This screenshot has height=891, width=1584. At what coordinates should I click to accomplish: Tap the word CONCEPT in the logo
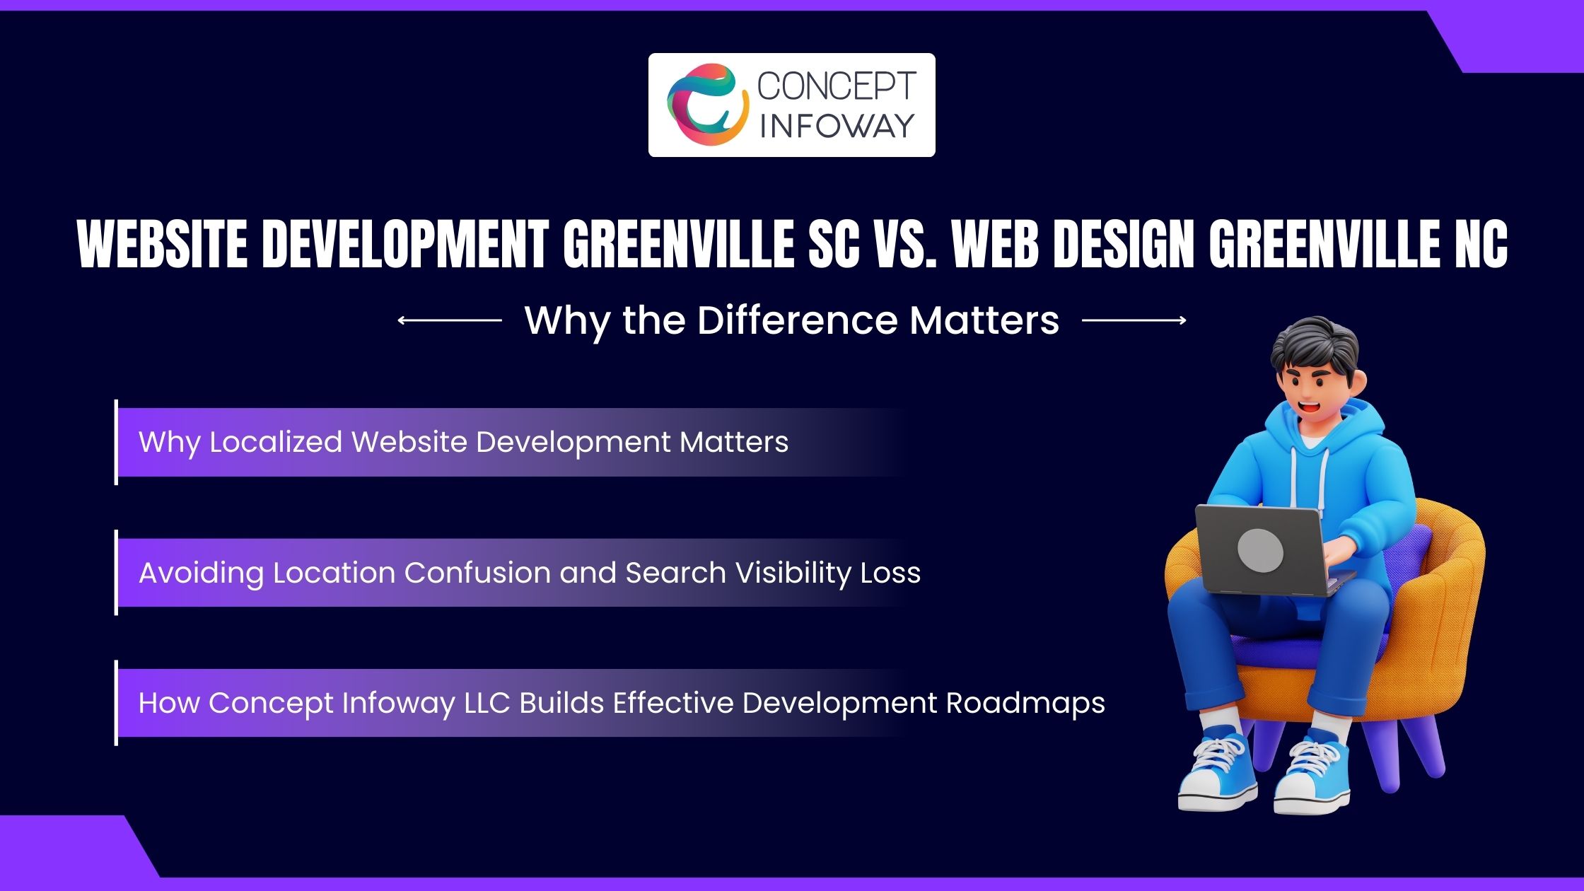pyautogui.click(x=837, y=86)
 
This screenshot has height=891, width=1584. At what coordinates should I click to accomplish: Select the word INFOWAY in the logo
pyautogui.click(x=837, y=126)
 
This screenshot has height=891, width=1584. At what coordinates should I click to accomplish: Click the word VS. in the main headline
pyautogui.click(x=903, y=244)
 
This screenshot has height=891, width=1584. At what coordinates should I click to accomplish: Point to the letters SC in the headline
pyautogui.click(x=834, y=244)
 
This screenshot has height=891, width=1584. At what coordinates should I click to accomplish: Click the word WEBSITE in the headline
pyautogui.click(x=162, y=244)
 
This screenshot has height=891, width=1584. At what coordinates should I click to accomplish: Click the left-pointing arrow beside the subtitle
pyautogui.click(x=450, y=320)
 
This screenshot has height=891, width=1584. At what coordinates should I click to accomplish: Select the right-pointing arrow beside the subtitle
pyautogui.click(x=1134, y=320)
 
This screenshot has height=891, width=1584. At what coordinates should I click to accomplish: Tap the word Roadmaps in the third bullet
pyautogui.click(x=1025, y=703)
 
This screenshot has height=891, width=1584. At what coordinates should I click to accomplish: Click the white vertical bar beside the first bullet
pyautogui.click(x=116, y=442)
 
